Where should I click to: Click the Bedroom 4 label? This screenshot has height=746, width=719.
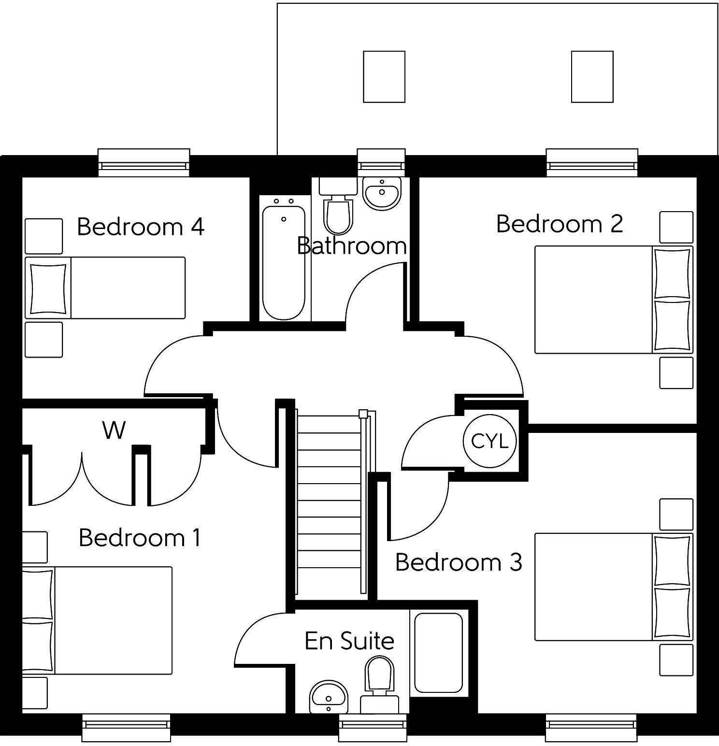pyautogui.click(x=140, y=226)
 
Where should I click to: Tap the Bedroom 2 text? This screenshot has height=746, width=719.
pyautogui.click(x=560, y=224)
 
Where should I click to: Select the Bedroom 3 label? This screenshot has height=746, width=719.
pyautogui.click(x=459, y=562)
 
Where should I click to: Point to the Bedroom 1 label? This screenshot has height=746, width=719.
pyautogui.click(x=140, y=537)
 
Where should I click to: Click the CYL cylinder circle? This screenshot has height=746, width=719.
pyautogui.click(x=489, y=441)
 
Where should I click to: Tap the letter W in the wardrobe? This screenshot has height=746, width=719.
pyautogui.click(x=114, y=430)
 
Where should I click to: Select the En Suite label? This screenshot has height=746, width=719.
pyautogui.click(x=349, y=641)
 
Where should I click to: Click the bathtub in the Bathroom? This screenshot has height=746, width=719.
pyautogui.click(x=284, y=258)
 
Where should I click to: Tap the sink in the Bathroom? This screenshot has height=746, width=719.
pyautogui.click(x=382, y=193)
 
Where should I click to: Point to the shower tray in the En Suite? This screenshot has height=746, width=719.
pyautogui.click(x=439, y=652)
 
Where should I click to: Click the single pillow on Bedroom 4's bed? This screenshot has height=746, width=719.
pyautogui.click(x=48, y=288)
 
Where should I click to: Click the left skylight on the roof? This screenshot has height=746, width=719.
pyautogui.click(x=384, y=76)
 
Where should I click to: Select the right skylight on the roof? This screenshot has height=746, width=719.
pyautogui.click(x=592, y=76)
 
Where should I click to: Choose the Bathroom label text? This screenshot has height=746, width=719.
pyautogui.click(x=352, y=246)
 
